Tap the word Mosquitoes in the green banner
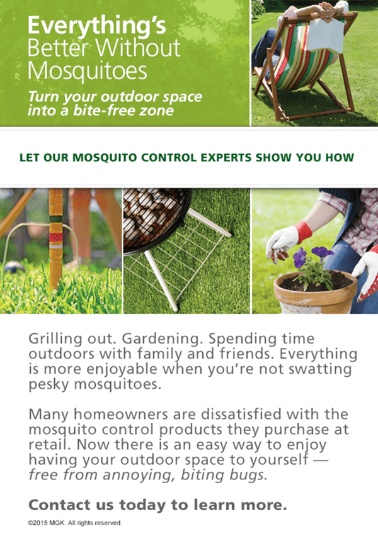tap(88, 71)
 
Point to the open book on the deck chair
tap(327, 35)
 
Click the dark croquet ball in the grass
tap(14, 267)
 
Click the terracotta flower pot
tap(314, 293)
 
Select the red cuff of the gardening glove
tap(303, 232)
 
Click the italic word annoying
tap(139, 475)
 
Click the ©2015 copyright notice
tap(75, 523)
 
